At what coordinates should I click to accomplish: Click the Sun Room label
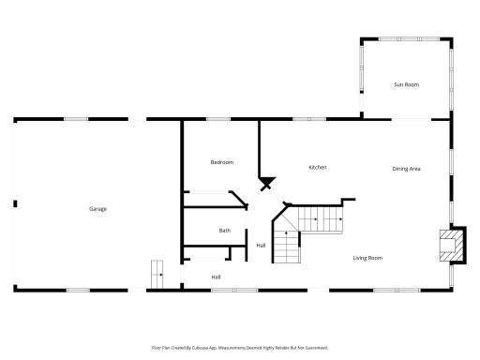pyautogui.click(x=405, y=84)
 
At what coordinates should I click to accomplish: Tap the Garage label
pyautogui.click(x=97, y=208)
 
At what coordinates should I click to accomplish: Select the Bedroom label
pyautogui.click(x=221, y=162)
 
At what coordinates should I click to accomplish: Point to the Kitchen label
pyautogui.click(x=318, y=167)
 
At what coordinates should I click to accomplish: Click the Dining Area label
pyautogui.click(x=406, y=169)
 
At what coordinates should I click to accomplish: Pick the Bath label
pyautogui.click(x=225, y=231)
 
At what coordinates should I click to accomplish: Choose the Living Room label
pyautogui.click(x=367, y=258)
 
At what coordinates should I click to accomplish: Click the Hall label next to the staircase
pyautogui.click(x=261, y=246)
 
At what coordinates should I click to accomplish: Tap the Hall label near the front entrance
pyautogui.click(x=216, y=277)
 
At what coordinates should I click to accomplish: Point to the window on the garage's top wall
pyautogui.click(x=76, y=119)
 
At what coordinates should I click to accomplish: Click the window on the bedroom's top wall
pyautogui.click(x=218, y=119)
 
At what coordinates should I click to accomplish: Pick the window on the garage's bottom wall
pyautogui.click(x=79, y=290)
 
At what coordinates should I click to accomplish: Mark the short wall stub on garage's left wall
pyautogui.click(x=15, y=203)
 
